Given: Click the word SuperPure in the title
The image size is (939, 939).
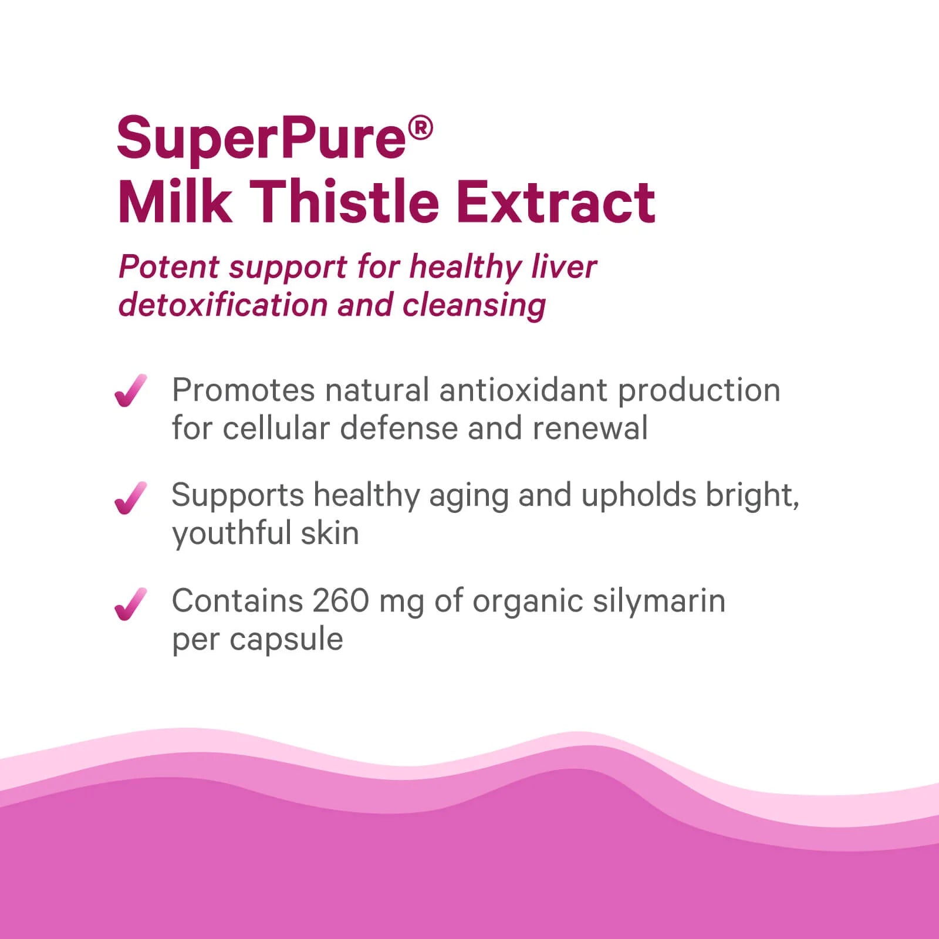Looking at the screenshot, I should pos(261,139).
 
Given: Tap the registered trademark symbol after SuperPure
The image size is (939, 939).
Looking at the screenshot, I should pos(420,128).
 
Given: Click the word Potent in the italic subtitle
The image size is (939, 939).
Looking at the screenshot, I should pos(169,267).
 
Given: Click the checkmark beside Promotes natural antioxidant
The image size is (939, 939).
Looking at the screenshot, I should pos(130,390).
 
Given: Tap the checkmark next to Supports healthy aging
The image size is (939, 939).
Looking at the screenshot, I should pos(130,498).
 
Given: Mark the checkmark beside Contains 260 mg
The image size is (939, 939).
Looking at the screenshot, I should pos(130,603).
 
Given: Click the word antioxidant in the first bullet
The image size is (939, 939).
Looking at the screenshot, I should pos(523,390).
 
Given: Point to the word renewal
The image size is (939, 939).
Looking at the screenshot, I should pos(590,428).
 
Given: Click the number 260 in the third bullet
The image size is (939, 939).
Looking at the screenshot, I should pos(340,601).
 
